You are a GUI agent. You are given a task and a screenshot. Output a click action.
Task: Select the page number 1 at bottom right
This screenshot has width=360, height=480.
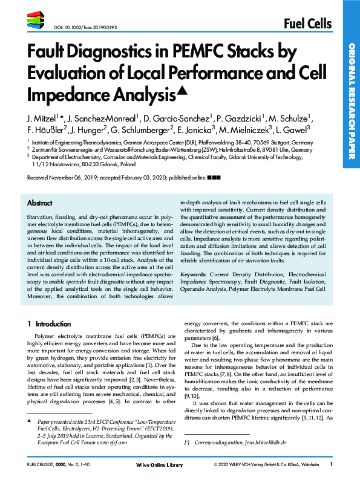(331, 464)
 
